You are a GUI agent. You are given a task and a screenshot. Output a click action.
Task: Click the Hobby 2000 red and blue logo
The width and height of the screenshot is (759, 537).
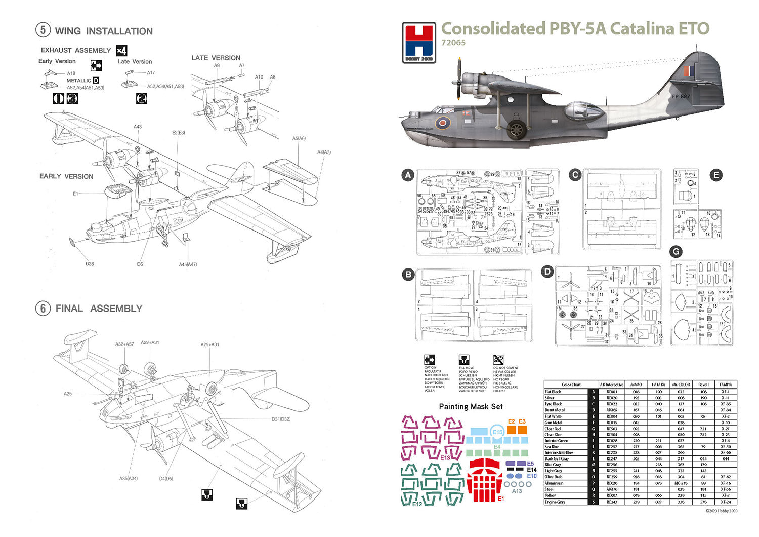click(x=418, y=43)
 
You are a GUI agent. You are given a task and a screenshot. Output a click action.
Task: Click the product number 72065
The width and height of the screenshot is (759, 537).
click(x=453, y=43)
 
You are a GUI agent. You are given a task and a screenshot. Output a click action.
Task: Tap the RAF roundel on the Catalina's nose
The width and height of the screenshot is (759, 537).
click(x=443, y=123)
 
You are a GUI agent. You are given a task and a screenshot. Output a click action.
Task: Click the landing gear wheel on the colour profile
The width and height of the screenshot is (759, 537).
click(x=516, y=130)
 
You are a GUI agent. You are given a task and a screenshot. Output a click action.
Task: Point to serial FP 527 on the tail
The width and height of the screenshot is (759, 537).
click(x=681, y=96)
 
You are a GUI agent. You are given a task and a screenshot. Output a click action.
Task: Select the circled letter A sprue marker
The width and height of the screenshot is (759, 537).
click(x=408, y=175)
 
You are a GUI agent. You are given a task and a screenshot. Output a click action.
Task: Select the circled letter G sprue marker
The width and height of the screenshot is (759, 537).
click(x=676, y=251)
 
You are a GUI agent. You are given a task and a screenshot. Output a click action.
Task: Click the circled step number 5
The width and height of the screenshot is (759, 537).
click(x=43, y=30)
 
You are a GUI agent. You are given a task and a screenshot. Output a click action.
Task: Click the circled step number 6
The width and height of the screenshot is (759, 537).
click(x=43, y=308)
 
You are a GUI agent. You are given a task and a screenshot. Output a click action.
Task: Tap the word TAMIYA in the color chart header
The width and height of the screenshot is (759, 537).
click(x=725, y=385)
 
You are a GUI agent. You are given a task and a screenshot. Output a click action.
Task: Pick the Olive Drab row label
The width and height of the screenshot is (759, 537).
click(x=554, y=477)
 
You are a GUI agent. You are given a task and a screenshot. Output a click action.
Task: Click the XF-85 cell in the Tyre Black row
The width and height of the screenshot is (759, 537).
click(x=725, y=404)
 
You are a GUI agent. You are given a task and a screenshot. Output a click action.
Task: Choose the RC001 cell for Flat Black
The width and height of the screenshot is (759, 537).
click(x=611, y=392)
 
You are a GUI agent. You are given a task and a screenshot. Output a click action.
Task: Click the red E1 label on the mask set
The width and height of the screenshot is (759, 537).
click(x=501, y=499)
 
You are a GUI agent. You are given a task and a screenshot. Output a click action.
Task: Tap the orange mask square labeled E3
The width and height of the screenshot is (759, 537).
click(x=522, y=430)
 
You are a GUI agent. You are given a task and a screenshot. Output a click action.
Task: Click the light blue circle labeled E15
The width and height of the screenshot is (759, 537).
click(x=498, y=432)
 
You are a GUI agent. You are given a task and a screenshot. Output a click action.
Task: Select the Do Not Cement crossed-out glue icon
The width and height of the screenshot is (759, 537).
click(x=498, y=360)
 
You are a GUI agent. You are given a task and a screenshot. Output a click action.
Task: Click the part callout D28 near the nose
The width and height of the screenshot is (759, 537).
click(x=90, y=264)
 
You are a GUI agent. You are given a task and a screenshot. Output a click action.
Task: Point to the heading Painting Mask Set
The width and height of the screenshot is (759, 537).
click(x=471, y=406)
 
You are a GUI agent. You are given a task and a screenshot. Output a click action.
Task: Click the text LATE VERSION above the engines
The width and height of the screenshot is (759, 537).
click(x=216, y=58)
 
